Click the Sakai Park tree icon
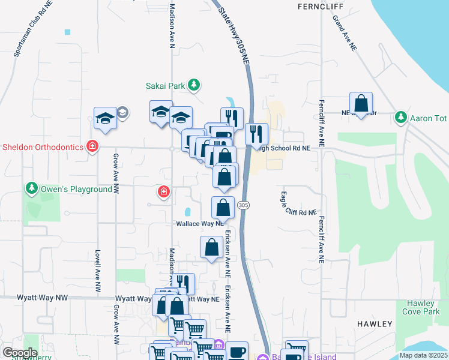[193, 86]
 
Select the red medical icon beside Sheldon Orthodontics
[92, 146]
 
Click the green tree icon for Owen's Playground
[32, 189]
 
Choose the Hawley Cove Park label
[423, 307]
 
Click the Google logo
[19, 353]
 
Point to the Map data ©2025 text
[423, 355]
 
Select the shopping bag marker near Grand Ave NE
[361, 104]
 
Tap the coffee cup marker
[237, 352]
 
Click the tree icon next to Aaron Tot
[400, 118]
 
